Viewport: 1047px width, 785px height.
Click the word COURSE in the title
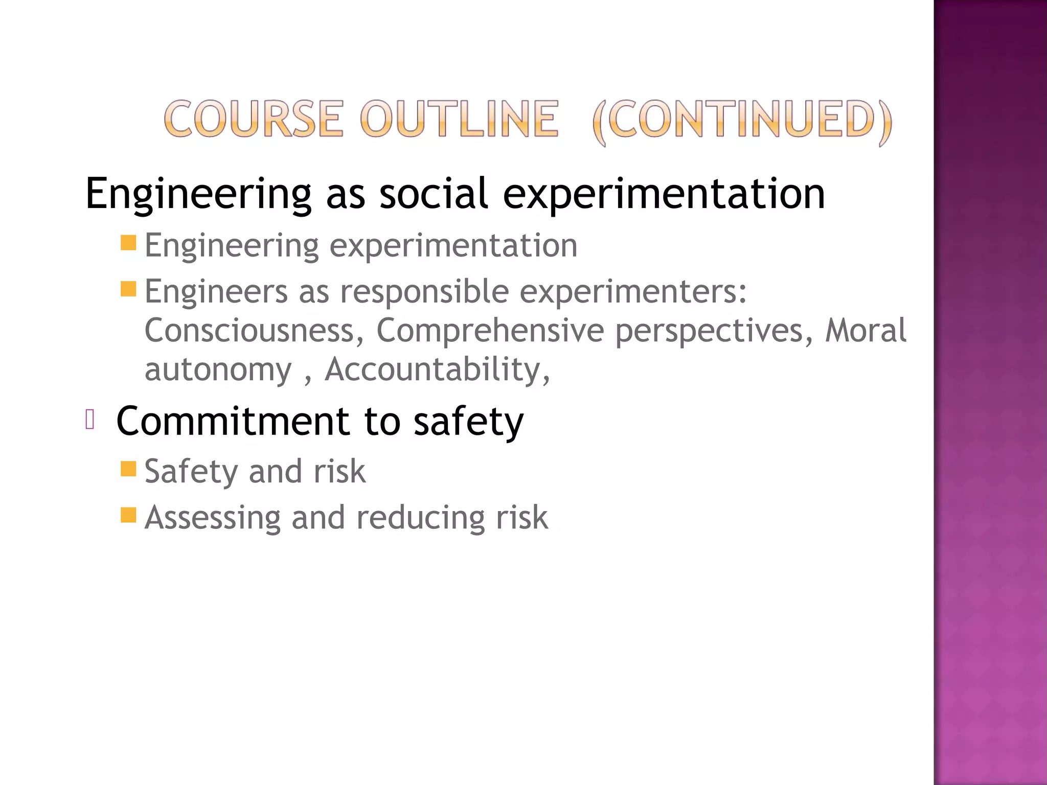[x=253, y=119]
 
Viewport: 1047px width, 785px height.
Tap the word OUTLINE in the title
[x=459, y=119]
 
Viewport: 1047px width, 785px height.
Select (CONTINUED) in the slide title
[x=742, y=121]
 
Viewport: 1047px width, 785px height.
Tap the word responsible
[x=424, y=292]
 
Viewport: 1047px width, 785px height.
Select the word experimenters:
[x=633, y=292]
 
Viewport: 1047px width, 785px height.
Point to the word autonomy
[x=218, y=370]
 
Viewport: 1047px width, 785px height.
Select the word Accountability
[x=437, y=370]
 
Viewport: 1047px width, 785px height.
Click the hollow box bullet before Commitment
[x=90, y=420]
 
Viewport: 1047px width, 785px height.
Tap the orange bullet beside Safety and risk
[x=128, y=469]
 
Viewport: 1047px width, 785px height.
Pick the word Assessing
[x=213, y=518]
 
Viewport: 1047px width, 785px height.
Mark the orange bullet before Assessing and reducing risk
[x=128, y=515]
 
